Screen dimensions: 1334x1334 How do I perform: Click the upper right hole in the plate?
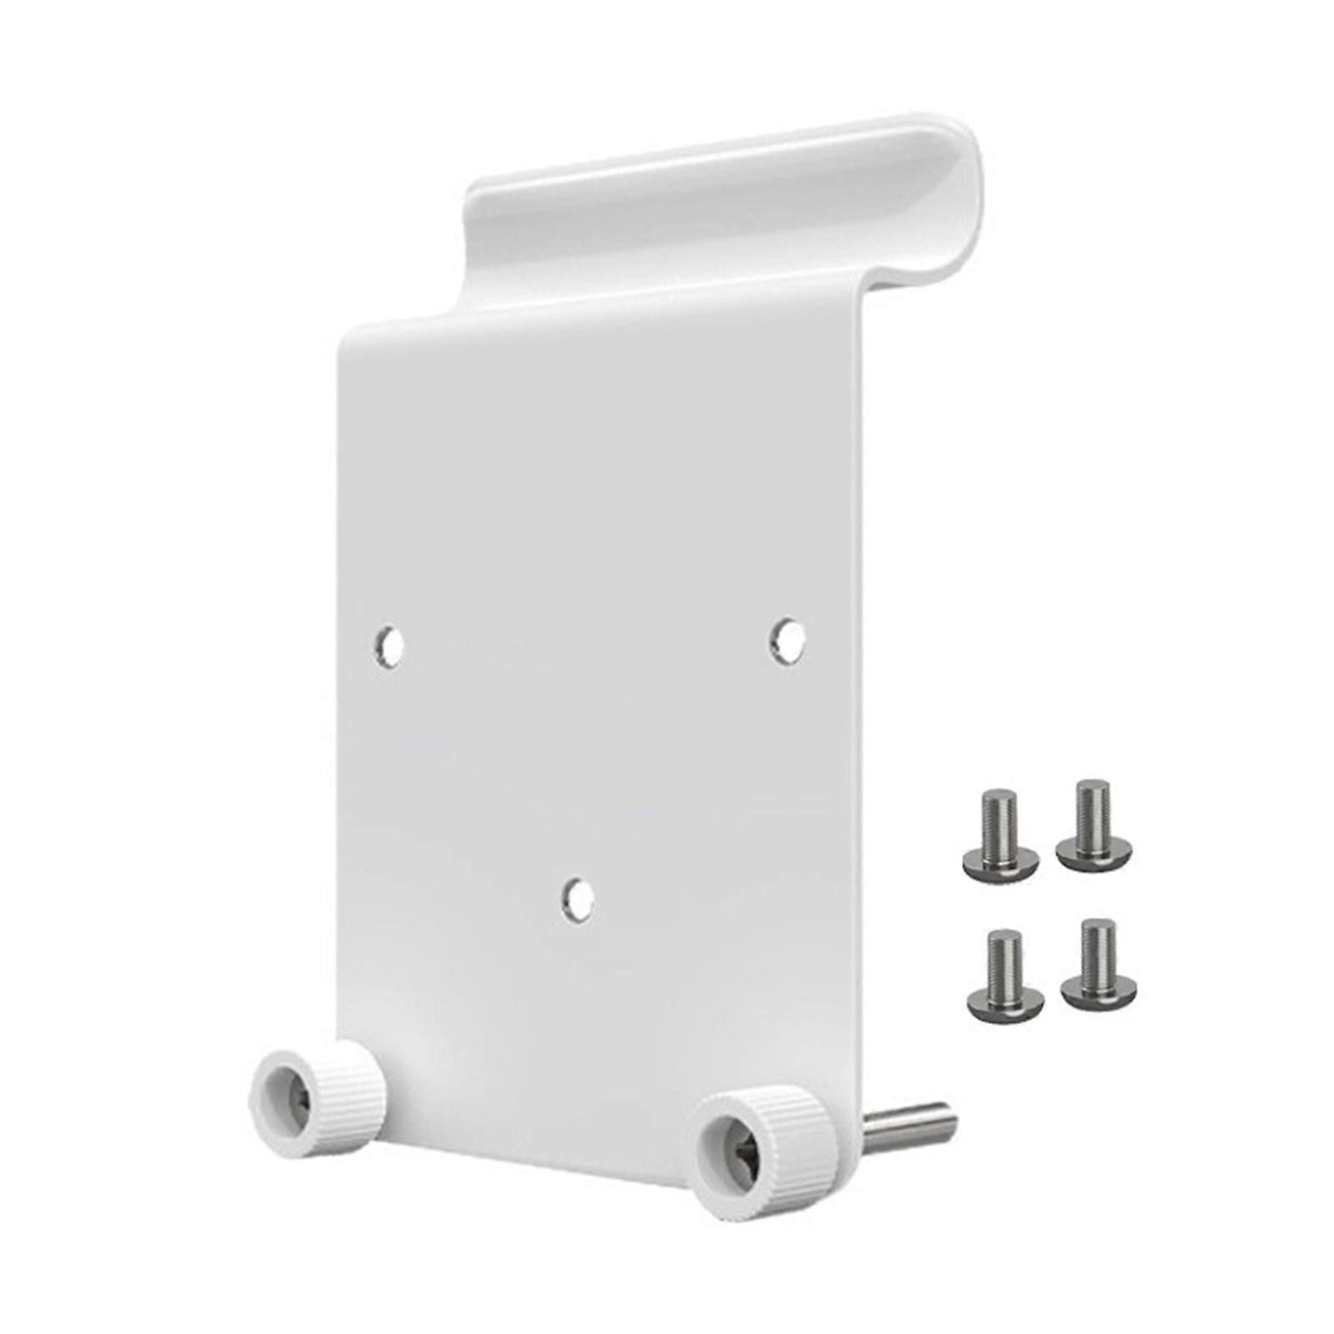pyautogui.click(x=785, y=641)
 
